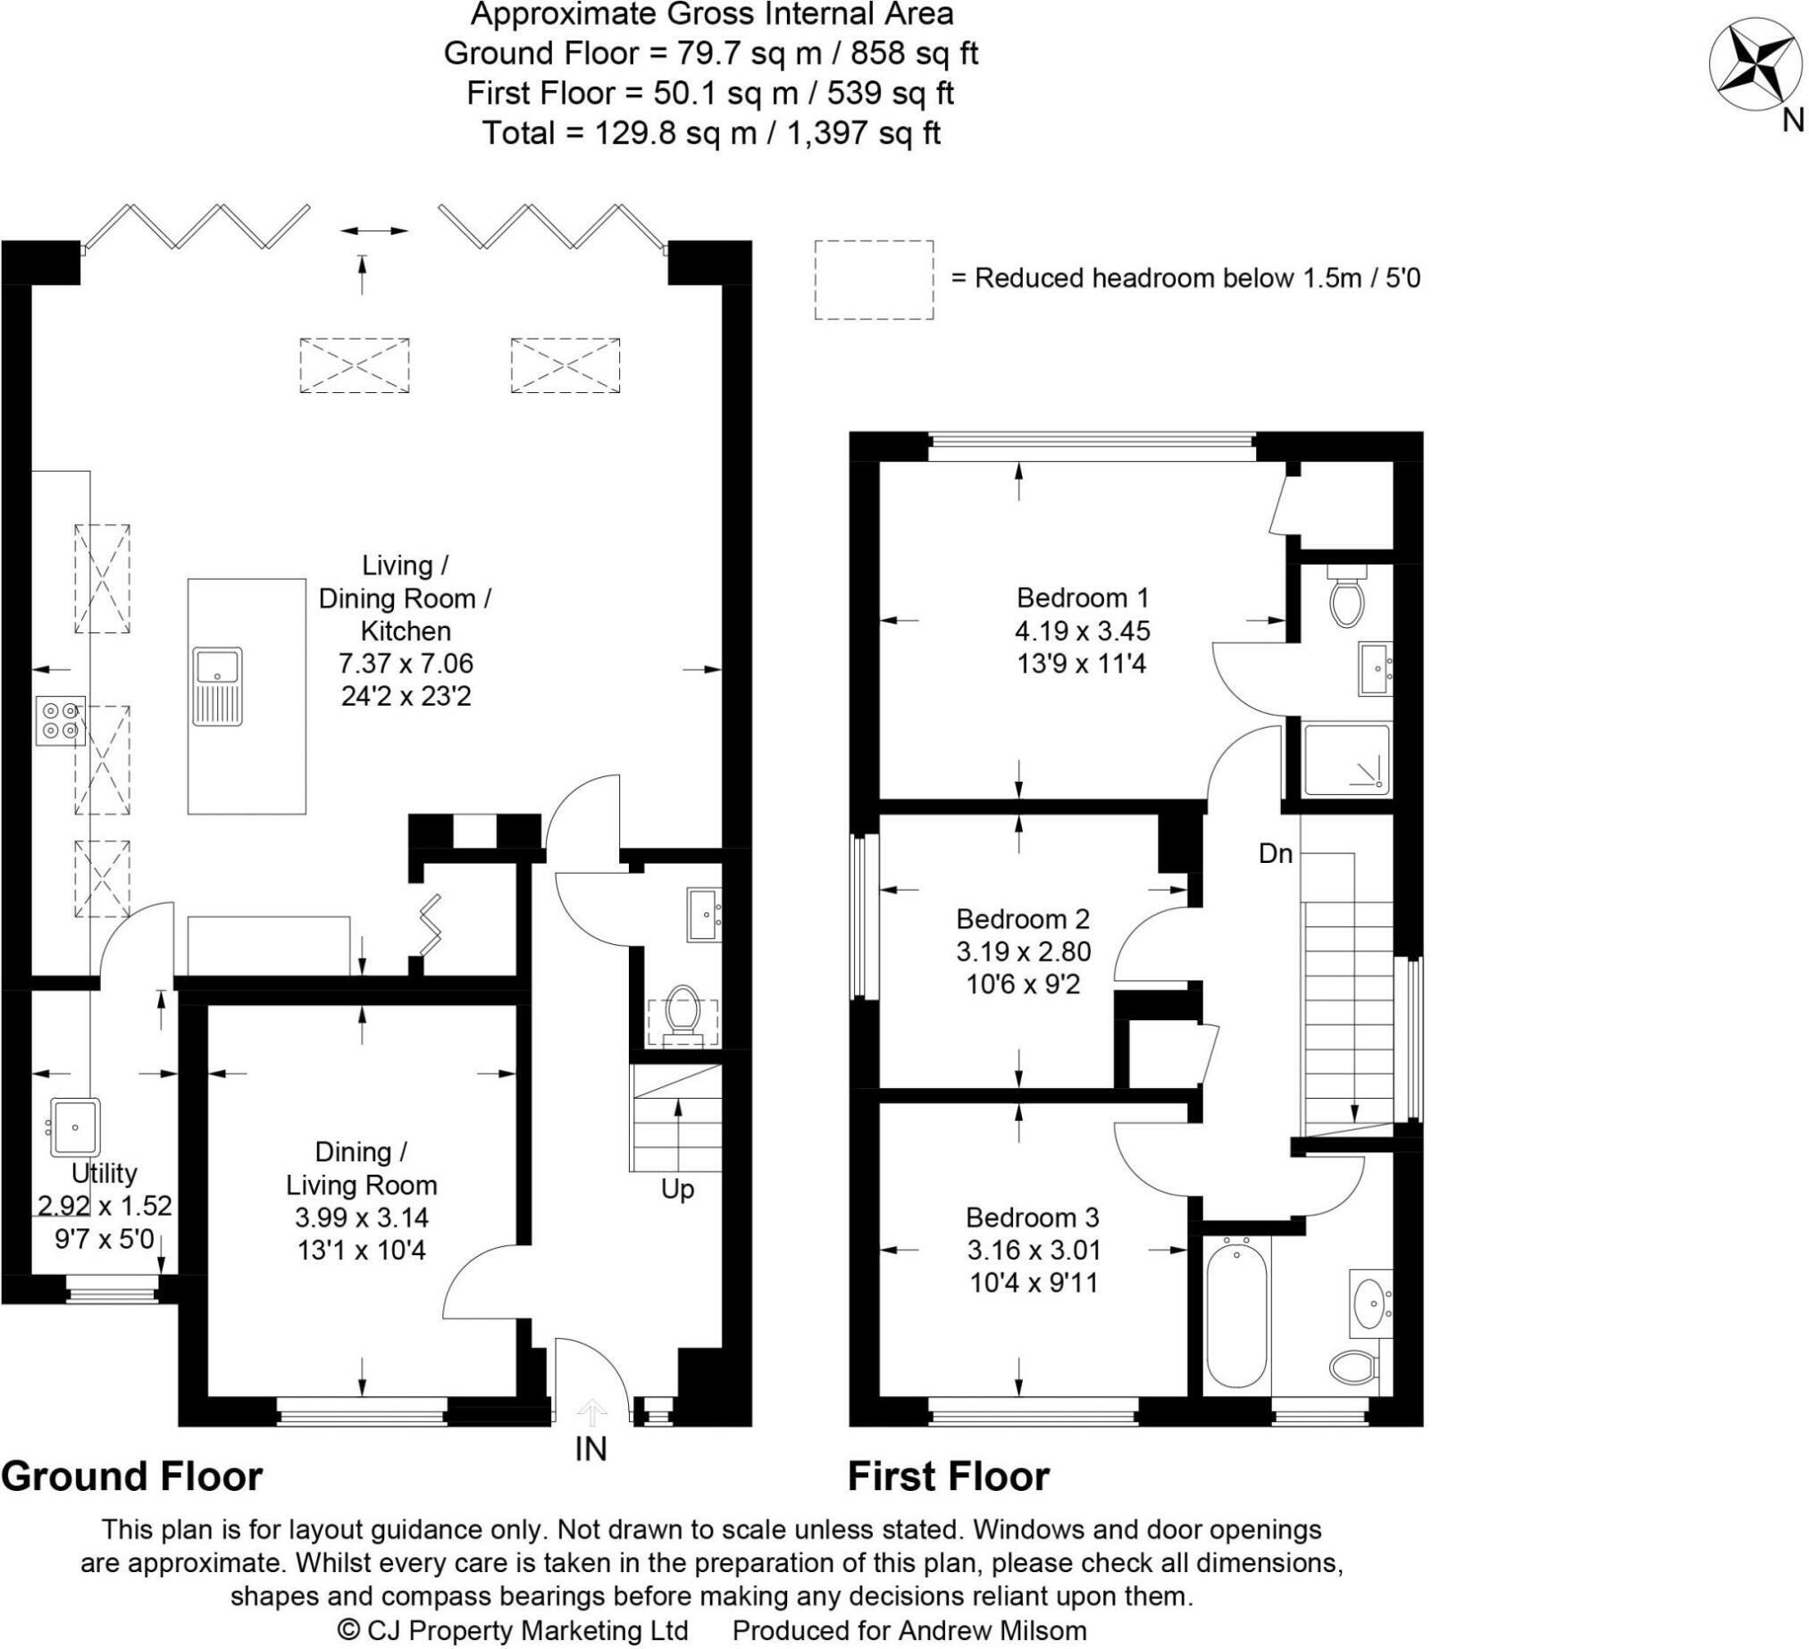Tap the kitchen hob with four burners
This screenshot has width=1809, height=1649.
61,720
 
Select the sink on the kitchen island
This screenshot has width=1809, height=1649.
216,687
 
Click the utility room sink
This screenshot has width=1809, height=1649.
73,1126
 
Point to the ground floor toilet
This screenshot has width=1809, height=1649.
683,1016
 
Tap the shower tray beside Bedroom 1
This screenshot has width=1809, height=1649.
1346,760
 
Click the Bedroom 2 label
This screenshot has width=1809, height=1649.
1023,918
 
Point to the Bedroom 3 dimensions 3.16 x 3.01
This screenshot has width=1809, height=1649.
1034,1250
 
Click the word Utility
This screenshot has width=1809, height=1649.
105,1174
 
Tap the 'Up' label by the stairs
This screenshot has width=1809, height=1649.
677,1190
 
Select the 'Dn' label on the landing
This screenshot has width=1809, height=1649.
1275,853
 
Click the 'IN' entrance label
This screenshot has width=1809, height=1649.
590,1449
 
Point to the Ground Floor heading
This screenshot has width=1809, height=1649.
132,1476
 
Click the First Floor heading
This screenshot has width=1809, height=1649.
949,1476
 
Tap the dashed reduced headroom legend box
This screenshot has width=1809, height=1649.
874,280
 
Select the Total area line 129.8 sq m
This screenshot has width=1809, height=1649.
712,134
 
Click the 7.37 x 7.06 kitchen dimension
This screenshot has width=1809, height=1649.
406,663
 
